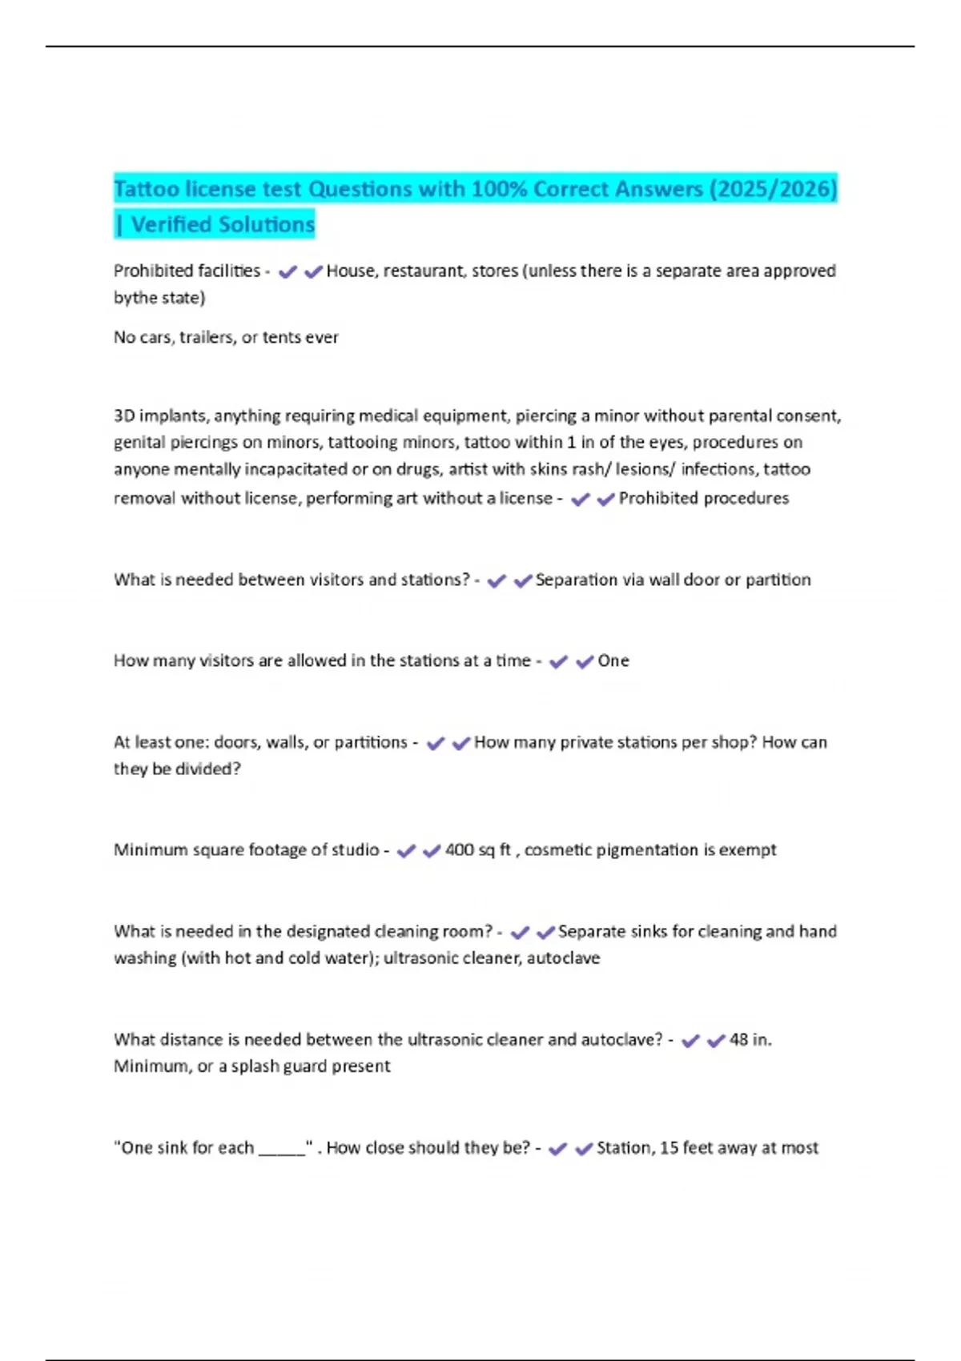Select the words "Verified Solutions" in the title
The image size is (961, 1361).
[223, 225]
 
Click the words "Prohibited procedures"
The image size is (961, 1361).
[703, 499]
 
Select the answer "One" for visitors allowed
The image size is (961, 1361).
[613, 661]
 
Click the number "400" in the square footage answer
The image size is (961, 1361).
[459, 850]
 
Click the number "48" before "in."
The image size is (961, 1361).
[738, 1040]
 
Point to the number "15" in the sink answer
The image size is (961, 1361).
[669, 1148]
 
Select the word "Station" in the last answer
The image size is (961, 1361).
[624, 1148]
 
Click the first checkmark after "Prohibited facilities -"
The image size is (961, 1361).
[287, 272]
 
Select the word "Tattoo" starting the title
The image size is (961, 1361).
[147, 189]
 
